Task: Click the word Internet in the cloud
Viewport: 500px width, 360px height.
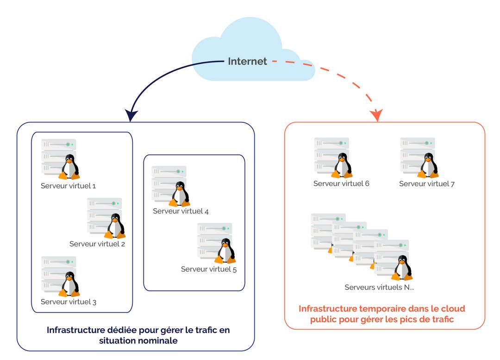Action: pyautogui.click(x=247, y=61)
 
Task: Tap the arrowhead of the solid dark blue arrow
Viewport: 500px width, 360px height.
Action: pyautogui.click(x=131, y=115)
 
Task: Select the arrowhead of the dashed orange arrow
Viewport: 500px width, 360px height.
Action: pyautogui.click(x=377, y=115)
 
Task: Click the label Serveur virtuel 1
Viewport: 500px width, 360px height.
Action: pyautogui.click(x=68, y=186)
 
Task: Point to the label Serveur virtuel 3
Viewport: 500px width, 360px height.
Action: pyautogui.click(x=69, y=302)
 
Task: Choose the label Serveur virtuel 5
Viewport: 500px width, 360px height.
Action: pyautogui.click(x=209, y=269)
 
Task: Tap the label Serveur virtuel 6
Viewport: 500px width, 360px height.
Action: pyautogui.click(x=341, y=183)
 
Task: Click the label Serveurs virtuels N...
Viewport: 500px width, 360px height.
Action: pyautogui.click(x=379, y=287)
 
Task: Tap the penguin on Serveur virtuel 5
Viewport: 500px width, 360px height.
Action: pyautogui.click(x=225, y=251)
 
